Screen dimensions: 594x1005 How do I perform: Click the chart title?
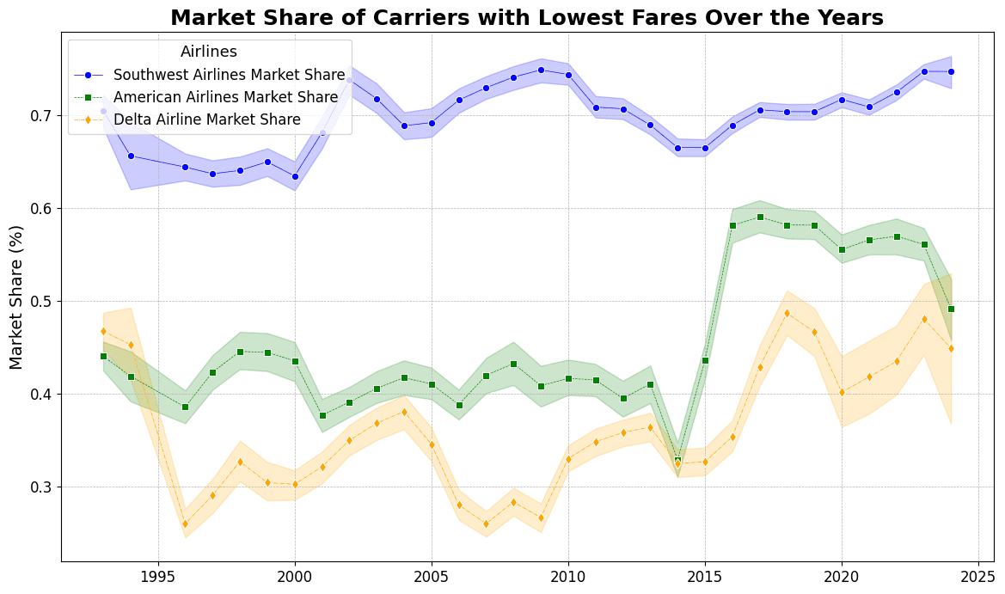click(x=527, y=18)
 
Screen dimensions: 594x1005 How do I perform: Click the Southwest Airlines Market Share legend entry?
click(x=230, y=75)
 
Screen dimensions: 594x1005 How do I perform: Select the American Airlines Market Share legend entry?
click(x=225, y=97)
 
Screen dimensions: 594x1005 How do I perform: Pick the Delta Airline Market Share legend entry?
click(x=207, y=119)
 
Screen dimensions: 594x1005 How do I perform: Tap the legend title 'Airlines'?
click(x=209, y=52)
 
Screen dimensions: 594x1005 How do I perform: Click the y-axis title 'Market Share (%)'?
click(x=17, y=297)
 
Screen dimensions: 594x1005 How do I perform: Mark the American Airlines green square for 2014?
click(x=677, y=461)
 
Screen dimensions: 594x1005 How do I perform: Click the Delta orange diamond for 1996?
click(x=185, y=524)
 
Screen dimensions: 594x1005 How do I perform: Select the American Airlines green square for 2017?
click(x=760, y=217)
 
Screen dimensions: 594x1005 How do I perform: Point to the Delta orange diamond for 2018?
click(x=787, y=313)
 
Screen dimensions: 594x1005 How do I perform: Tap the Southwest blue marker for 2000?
click(x=295, y=176)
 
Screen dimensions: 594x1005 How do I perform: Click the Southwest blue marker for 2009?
click(x=541, y=70)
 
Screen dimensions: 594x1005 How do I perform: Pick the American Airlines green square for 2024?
click(x=951, y=309)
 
